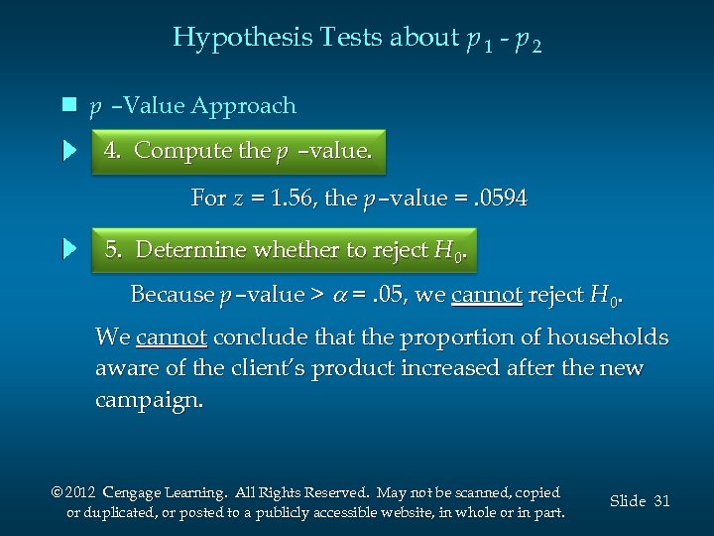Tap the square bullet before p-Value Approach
pyautogui.click(x=67, y=105)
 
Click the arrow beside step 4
pyautogui.click(x=68, y=151)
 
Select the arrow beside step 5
pyautogui.click(x=68, y=249)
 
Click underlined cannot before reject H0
pyautogui.click(x=486, y=295)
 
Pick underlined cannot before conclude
pyautogui.click(x=172, y=337)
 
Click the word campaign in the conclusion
pyautogui.click(x=147, y=401)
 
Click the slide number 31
pyautogui.click(x=661, y=501)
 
